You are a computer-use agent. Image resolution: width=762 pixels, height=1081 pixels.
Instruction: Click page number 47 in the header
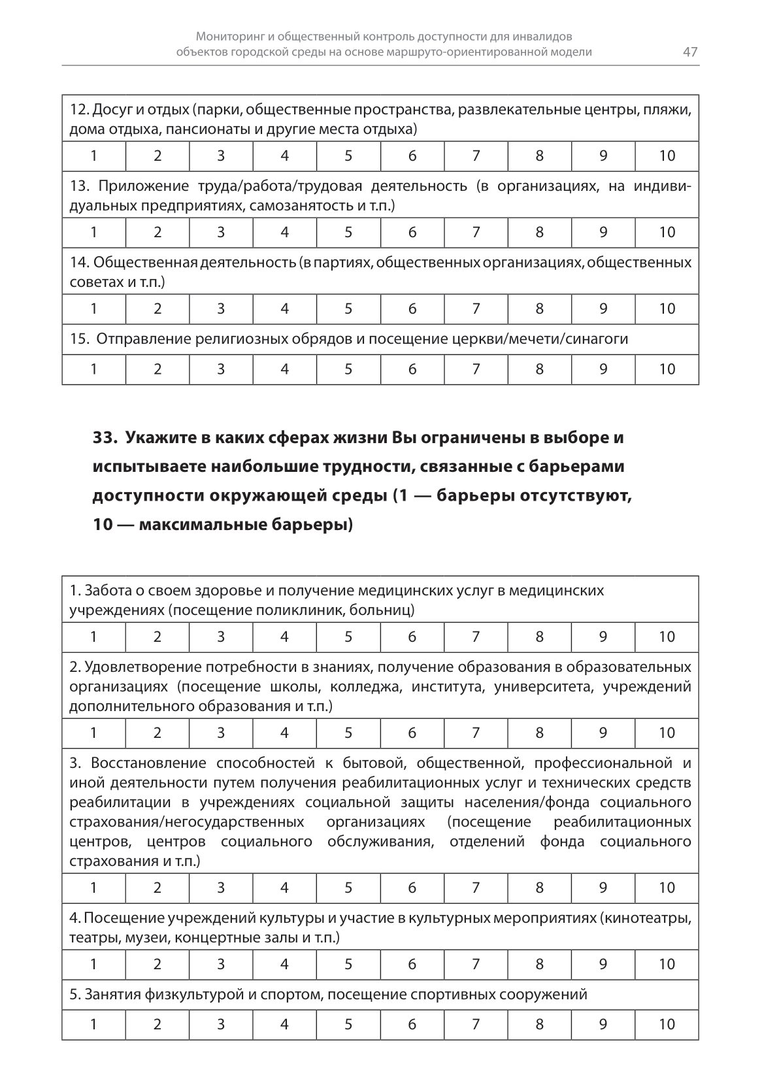click(x=690, y=52)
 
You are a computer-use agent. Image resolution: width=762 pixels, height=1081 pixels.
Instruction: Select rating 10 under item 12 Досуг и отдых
click(x=667, y=156)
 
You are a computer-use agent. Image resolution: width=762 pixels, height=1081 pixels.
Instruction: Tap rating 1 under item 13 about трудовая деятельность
click(x=94, y=232)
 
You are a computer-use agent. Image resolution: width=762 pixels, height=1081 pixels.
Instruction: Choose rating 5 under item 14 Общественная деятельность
click(x=348, y=308)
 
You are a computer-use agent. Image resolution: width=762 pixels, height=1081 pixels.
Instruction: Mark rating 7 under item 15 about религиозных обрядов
click(x=476, y=369)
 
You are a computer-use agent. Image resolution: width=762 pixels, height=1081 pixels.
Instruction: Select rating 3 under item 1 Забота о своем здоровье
click(x=221, y=637)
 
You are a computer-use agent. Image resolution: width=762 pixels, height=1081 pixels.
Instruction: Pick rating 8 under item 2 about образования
click(x=539, y=733)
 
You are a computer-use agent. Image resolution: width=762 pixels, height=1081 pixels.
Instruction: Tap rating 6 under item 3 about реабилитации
click(x=412, y=888)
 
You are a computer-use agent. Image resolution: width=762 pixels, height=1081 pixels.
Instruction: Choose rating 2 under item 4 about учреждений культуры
click(x=157, y=964)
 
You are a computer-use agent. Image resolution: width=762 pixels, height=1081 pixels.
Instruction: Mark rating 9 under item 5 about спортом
click(x=603, y=1024)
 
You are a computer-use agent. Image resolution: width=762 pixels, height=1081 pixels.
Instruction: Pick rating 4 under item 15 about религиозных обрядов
click(x=284, y=369)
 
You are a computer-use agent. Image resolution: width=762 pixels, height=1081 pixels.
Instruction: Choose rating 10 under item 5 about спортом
click(x=667, y=1024)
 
